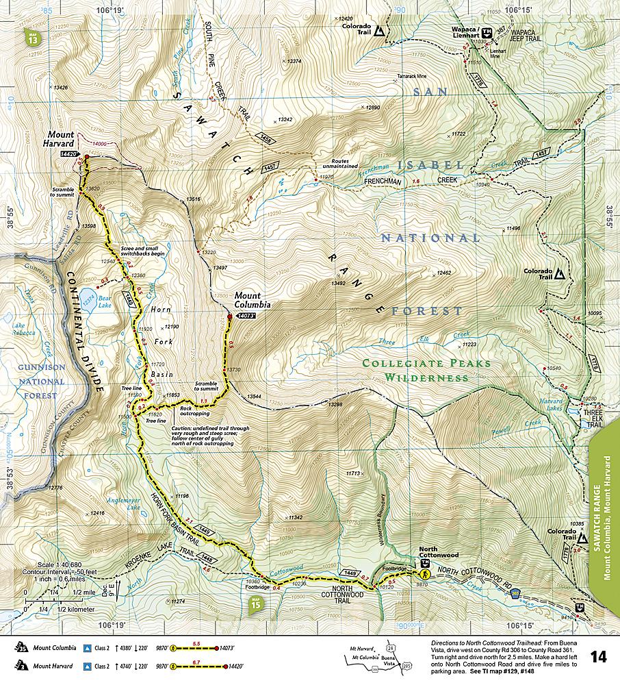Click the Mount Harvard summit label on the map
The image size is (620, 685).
pyautogui.click(x=60, y=140)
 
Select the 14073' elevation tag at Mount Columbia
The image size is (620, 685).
pyautogui.click(x=246, y=316)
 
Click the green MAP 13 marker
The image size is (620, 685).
pyautogui.click(x=32, y=38)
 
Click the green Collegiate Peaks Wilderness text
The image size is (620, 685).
pyautogui.click(x=426, y=370)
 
